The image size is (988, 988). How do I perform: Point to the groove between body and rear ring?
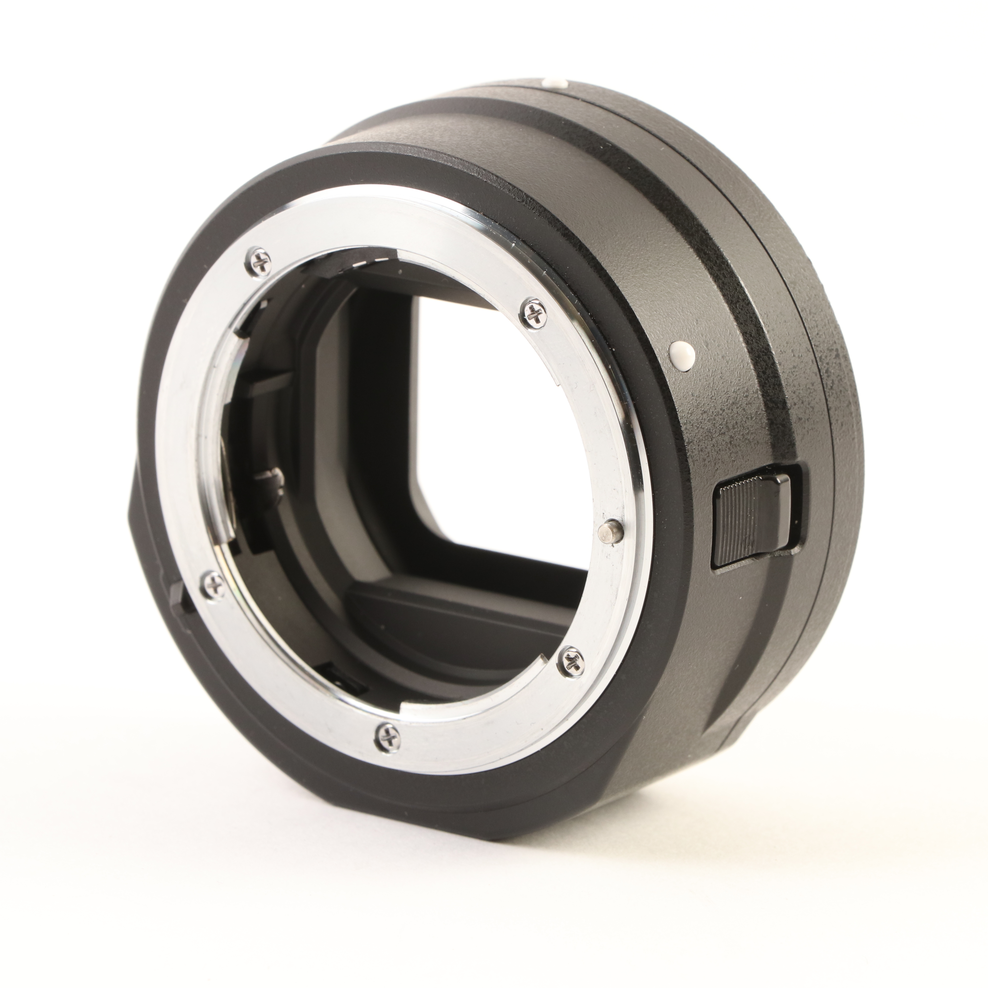(x=736, y=256)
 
